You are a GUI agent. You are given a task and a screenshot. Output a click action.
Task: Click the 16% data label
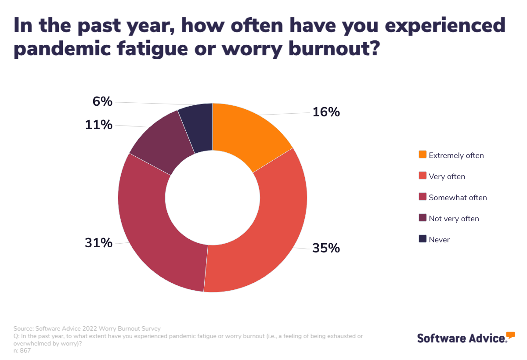326,112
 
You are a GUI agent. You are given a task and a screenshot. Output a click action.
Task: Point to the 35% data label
326,248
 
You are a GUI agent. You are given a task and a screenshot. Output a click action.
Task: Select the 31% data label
98,243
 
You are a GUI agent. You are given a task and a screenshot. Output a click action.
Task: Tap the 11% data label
98,125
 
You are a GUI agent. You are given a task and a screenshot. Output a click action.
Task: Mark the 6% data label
102,102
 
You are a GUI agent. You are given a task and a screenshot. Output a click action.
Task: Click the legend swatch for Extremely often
422,155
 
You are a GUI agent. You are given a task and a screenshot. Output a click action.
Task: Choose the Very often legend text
447,176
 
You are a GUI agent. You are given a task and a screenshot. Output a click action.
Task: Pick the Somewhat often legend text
458,198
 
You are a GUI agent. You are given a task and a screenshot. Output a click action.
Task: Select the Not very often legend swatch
422,218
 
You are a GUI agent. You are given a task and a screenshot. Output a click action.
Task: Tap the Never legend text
439,240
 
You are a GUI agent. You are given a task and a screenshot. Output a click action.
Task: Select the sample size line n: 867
22,350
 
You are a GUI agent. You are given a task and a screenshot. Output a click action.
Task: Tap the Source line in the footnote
87,328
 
